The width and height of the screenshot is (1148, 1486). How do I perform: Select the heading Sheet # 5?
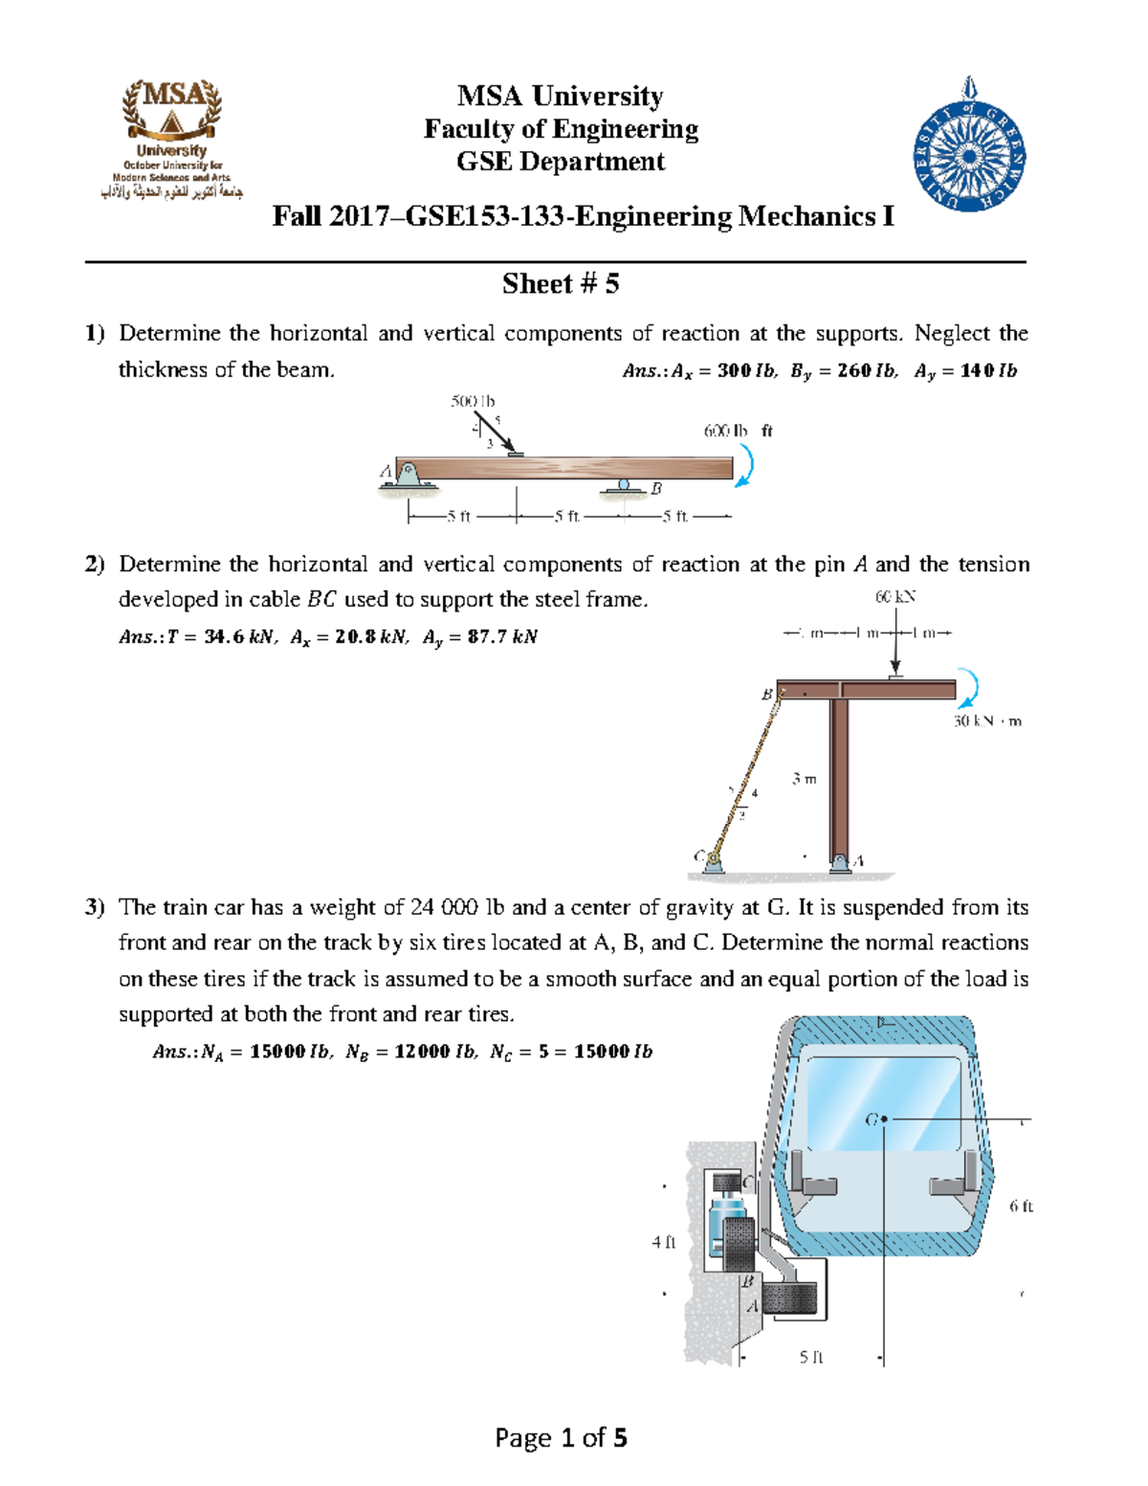tap(561, 284)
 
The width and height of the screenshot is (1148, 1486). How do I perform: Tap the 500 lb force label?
tap(473, 402)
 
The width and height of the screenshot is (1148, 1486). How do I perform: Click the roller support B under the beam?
tap(624, 488)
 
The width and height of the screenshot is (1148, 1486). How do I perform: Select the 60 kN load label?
tap(895, 597)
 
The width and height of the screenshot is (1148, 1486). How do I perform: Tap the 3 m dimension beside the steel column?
tap(804, 779)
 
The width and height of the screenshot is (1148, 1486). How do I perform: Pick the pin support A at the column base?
tap(841, 863)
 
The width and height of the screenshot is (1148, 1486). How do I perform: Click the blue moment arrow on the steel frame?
tap(970, 689)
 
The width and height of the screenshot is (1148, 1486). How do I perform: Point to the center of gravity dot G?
tap(884, 1119)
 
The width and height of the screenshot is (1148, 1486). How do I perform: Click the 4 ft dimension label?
tap(664, 1242)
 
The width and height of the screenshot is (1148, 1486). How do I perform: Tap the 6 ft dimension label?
tap(1021, 1207)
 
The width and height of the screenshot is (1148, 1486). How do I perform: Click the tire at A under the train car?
tap(790, 1298)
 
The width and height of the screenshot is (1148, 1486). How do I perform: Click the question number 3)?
tap(94, 907)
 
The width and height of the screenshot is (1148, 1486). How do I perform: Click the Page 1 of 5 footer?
tap(561, 1437)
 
